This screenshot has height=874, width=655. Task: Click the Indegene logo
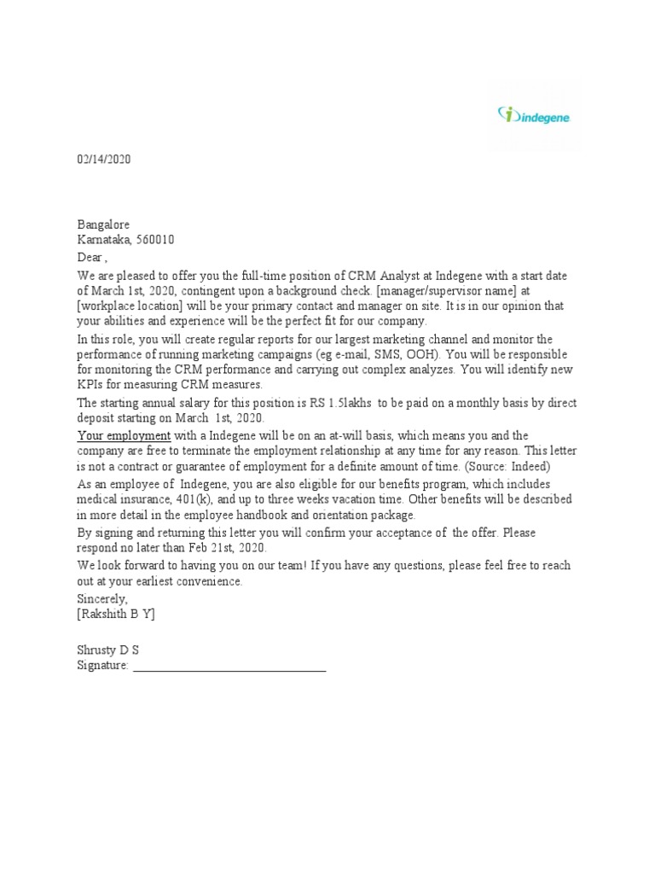[x=534, y=115]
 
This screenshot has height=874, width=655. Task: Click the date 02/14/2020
[x=104, y=160]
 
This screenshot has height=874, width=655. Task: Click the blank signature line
[x=229, y=667]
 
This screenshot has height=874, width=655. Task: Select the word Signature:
[x=102, y=665]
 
